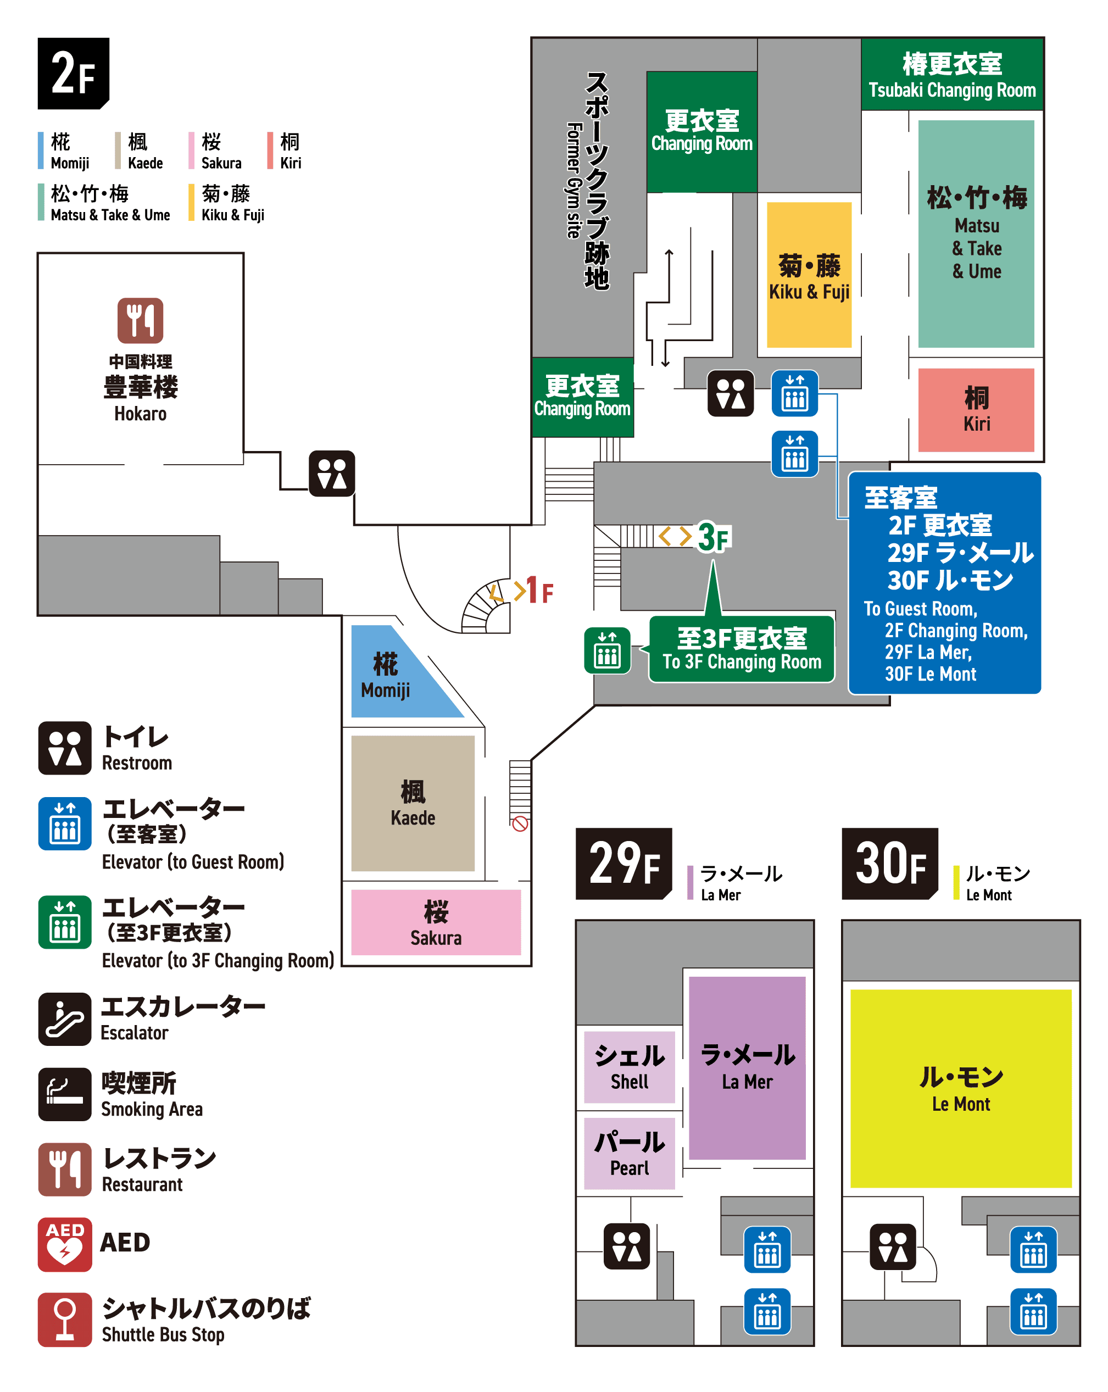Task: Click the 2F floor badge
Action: tap(73, 73)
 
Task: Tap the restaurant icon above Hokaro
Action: tap(140, 320)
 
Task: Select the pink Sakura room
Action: tap(436, 922)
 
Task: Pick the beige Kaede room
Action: tap(413, 803)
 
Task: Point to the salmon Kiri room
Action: tap(976, 409)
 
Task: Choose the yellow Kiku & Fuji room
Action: tap(809, 275)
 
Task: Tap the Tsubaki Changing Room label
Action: tap(952, 74)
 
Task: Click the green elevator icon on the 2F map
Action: tap(607, 650)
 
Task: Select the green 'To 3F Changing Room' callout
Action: tap(741, 649)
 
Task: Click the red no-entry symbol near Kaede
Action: tap(520, 824)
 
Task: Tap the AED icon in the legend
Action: tap(65, 1244)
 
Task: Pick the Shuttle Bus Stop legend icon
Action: tap(65, 1319)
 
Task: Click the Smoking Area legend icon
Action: tap(65, 1094)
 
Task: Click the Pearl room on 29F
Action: tap(629, 1153)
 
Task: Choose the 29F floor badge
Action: tap(623, 863)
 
